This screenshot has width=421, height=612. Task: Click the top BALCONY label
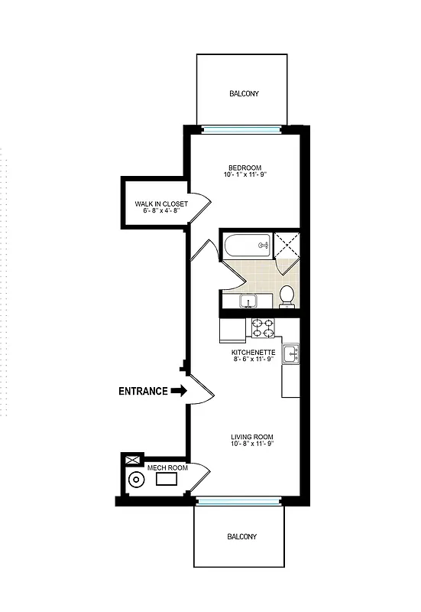[244, 94]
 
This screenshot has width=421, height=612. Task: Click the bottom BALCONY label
[241, 537]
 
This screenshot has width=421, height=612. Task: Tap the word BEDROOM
[245, 168]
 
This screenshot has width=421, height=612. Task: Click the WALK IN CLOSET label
[161, 204]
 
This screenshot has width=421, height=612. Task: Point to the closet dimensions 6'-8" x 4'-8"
[161, 212]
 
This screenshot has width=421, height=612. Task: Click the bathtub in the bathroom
[248, 246]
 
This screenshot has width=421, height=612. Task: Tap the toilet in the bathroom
[287, 295]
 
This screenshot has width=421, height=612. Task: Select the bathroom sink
[248, 301]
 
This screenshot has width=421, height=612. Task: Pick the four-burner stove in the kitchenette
[263, 327]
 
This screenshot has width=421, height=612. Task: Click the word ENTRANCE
[143, 391]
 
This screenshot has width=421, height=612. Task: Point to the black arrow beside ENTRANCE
[179, 391]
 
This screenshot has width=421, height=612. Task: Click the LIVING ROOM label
[252, 438]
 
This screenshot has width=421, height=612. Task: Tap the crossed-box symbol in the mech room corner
[132, 461]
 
